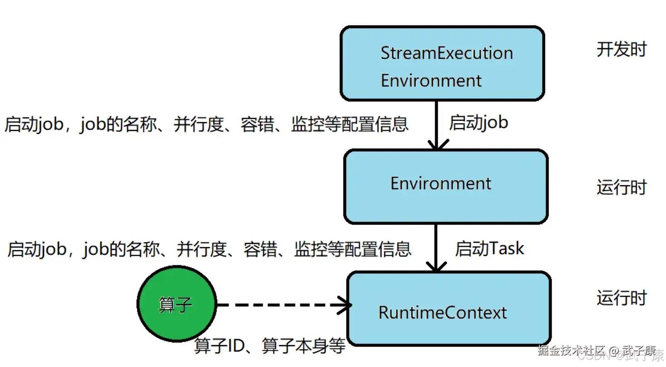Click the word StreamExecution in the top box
pos(446,53)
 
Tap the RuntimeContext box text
pos(442,312)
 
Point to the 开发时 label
pos(621,50)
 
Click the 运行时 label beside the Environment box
pos(621,187)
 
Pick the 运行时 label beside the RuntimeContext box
pos(621,298)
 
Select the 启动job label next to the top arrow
pos(479,123)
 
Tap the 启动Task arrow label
pos(489,248)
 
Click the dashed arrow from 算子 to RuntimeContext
pos(277,305)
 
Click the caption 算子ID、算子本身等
pos(269,346)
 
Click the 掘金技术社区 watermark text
pos(572,351)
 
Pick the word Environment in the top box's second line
pos(431,80)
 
